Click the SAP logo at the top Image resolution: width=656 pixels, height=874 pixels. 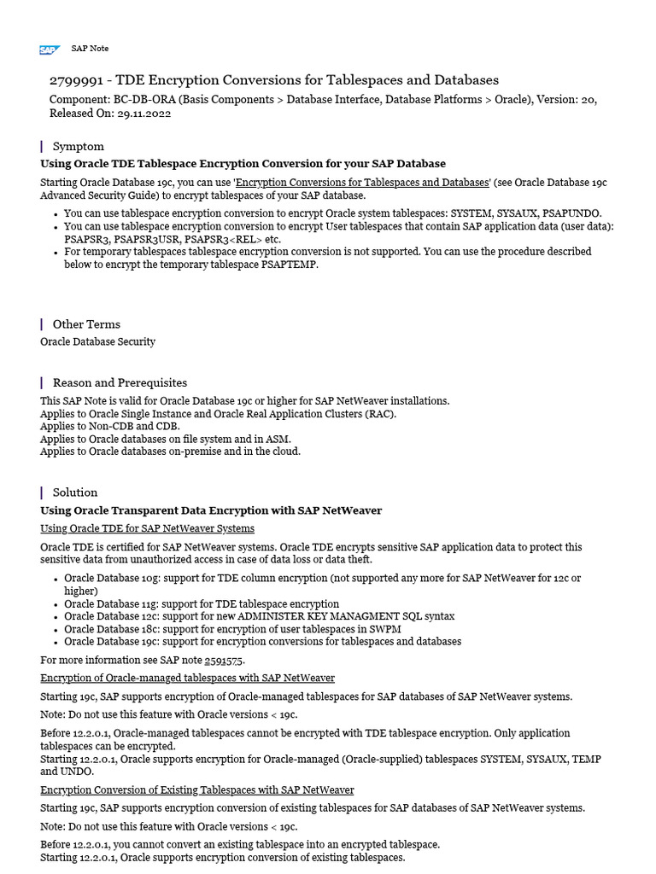[x=48, y=50]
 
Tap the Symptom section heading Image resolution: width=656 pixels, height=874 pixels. [x=78, y=146]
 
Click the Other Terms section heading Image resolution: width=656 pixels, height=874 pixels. [x=86, y=324]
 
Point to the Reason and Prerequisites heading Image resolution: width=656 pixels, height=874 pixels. [x=120, y=382]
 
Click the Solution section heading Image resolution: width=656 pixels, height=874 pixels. [x=75, y=492]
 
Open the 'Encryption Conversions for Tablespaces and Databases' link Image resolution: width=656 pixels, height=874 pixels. [x=362, y=183]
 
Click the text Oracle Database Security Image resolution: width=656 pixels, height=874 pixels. [x=97, y=341]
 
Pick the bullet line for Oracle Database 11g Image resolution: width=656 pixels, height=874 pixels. [x=202, y=603]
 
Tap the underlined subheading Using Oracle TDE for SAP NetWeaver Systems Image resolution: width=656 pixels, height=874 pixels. [x=147, y=528]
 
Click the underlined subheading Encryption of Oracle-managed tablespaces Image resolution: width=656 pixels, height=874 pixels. [x=187, y=678]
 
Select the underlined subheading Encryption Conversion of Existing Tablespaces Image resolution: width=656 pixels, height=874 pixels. [x=196, y=790]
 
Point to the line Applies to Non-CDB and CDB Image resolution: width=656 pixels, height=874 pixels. [x=110, y=426]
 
